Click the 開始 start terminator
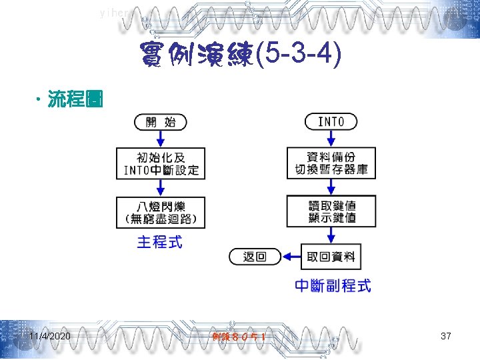(x=161, y=122)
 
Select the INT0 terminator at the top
(x=331, y=122)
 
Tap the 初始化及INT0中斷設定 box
(x=161, y=163)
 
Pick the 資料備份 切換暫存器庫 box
(x=331, y=163)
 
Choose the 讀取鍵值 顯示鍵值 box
(x=331, y=211)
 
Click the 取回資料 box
(x=331, y=257)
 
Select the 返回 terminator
(x=255, y=257)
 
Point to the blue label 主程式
(x=160, y=241)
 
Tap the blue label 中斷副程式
(x=333, y=286)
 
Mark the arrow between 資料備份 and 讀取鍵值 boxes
(x=331, y=187)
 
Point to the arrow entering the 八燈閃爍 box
(x=161, y=188)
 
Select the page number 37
(x=446, y=337)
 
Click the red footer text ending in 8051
(x=240, y=337)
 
